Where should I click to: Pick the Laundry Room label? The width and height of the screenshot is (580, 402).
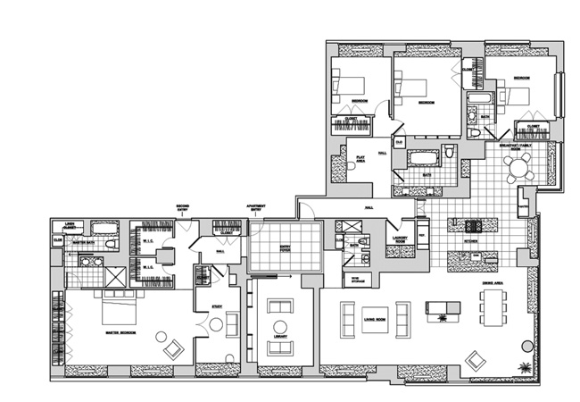coord(399,239)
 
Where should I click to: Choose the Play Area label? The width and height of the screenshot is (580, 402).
coord(361,159)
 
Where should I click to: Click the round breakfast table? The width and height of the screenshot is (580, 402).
coord(516,167)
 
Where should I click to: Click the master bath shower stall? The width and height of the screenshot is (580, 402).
coord(117,277)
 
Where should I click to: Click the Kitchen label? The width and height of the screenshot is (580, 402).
coord(470,241)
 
